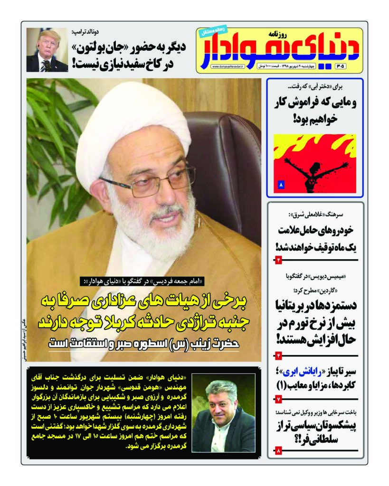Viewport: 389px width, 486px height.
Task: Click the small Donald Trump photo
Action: tap(47, 50)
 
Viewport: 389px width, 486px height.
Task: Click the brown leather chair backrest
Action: tap(223, 157)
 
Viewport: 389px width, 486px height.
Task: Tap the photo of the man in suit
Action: tap(223, 406)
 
